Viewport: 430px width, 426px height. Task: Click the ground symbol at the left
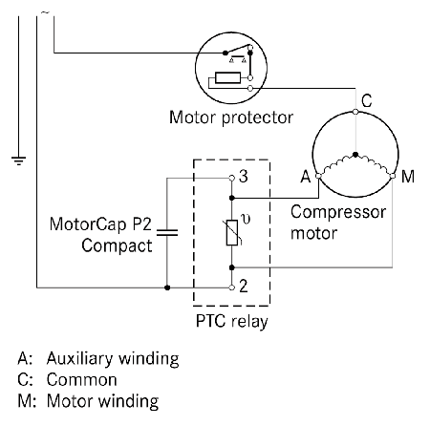tap(19, 161)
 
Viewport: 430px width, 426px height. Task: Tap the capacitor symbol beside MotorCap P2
tap(167, 233)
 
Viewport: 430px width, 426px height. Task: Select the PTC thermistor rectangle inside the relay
tap(232, 233)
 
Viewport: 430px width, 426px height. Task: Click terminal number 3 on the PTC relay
tap(244, 177)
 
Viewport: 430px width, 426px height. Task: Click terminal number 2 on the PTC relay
tap(244, 286)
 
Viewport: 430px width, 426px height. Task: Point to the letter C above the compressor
tap(367, 100)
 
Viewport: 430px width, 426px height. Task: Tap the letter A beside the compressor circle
tap(306, 177)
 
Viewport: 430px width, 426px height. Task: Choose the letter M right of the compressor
tap(408, 177)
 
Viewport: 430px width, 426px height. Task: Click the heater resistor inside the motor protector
tap(227, 77)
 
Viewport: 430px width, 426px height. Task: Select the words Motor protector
tap(231, 117)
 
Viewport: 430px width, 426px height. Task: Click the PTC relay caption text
tap(231, 321)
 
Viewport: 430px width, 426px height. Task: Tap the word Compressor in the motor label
tap(338, 213)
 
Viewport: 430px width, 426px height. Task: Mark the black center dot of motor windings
tap(355, 155)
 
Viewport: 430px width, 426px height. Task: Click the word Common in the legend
tap(82, 380)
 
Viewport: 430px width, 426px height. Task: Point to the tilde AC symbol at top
tap(45, 12)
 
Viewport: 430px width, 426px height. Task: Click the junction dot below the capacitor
tap(167, 288)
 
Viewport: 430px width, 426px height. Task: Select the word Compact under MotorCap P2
tap(117, 246)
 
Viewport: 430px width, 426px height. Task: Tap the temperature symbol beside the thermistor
tap(246, 220)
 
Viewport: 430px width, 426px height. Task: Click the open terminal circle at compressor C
tap(355, 112)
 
